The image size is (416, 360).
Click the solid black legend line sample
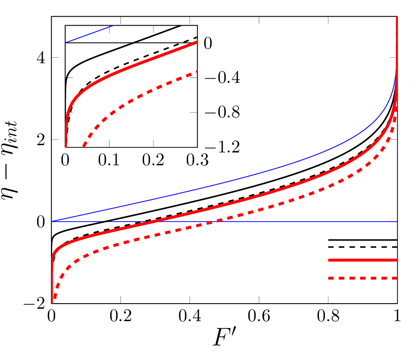coord(363,240)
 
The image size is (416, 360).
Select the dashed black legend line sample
coord(363,247)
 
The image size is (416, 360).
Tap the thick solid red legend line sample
coord(363,260)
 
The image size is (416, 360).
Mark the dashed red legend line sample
coord(363,278)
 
